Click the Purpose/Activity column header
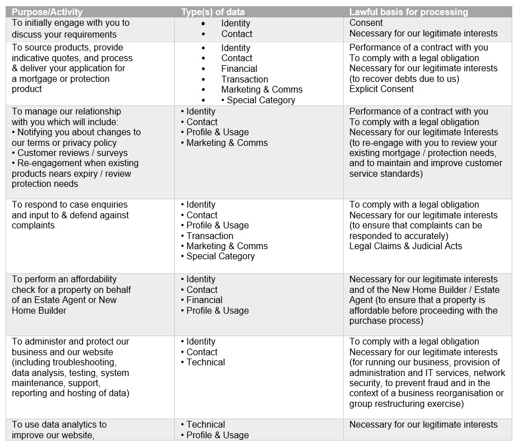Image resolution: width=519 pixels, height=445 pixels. click(47, 12)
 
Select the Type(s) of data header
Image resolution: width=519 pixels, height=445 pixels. click(212, 12)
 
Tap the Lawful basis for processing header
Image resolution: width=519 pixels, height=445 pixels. click(408, 12)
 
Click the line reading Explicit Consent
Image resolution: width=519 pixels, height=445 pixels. click(381, 89)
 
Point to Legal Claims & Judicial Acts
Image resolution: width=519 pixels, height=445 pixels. click(406, 246)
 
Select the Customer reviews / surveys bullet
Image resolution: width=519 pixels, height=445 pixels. click(72, 153)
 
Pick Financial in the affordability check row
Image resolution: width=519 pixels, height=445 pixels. click(204, 300)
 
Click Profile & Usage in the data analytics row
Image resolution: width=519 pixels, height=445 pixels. click(217, 435)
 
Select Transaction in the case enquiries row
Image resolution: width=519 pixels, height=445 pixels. click(210, 236)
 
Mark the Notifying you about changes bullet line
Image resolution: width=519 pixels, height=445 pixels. click(76, 132)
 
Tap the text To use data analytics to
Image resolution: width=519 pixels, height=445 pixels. click(59, 424)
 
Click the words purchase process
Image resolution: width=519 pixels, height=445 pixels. click(386, 321)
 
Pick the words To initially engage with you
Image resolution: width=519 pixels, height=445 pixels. click(71, 23)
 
